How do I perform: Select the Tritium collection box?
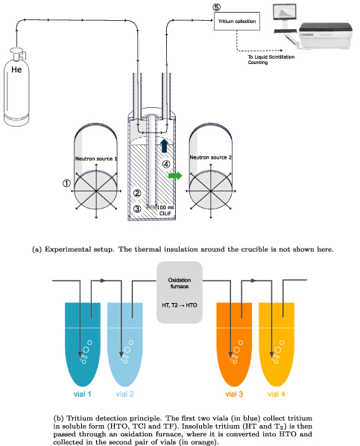[236, 22]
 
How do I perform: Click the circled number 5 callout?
[216, 7]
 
